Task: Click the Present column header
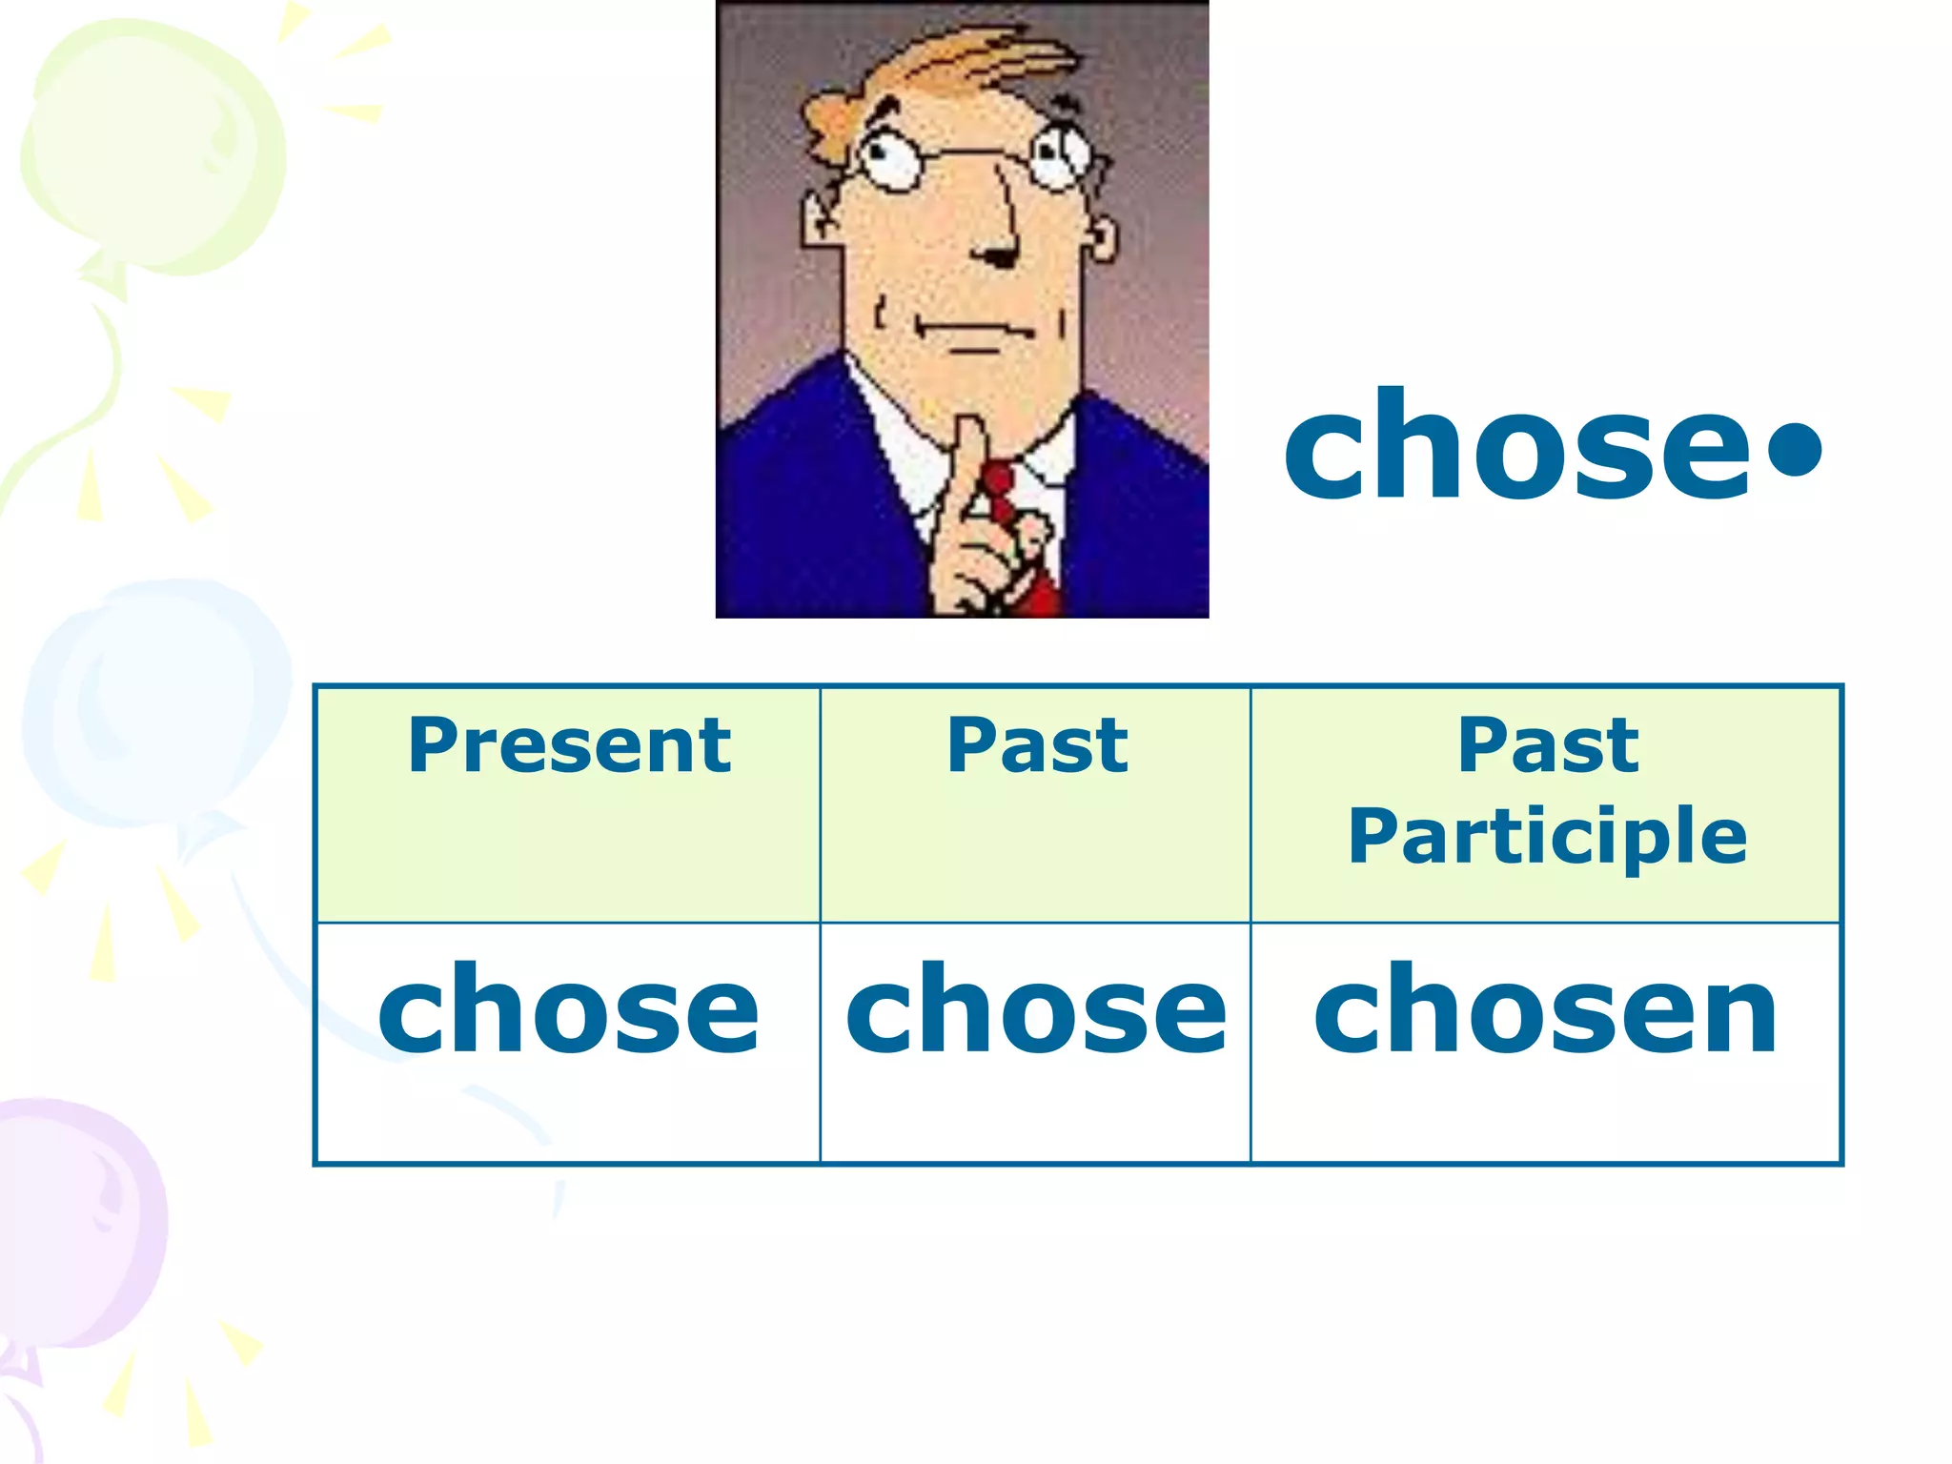(569, 745)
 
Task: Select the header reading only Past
(1037, 745)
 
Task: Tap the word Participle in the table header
(1547, 837)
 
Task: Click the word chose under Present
(569, 1010)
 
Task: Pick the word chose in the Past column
(1036, 1010)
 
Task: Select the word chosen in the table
(1545, 1010)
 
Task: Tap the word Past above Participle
(1548, 745)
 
